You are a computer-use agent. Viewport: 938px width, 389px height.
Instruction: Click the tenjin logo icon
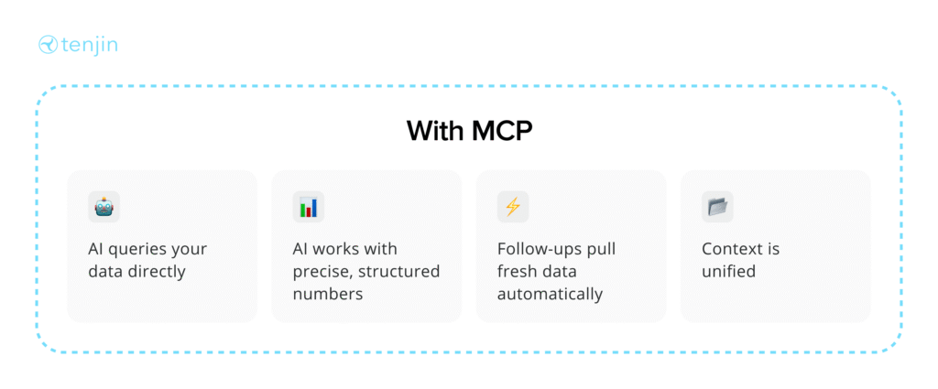[x=48, y=45]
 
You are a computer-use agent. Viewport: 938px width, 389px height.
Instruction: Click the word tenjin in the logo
[x=89, y=46]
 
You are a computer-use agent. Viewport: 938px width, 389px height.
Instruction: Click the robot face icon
[x=104, y=207]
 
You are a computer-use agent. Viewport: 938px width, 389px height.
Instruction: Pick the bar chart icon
[x=309, y=207]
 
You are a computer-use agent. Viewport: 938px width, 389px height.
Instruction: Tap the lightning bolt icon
[x=513, y=207]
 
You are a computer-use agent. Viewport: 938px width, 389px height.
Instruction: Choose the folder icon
[x=718, y=207]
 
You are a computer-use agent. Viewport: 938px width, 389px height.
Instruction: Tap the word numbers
[x=328, y=295]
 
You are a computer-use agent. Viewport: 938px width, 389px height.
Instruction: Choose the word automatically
[x=551, y=295]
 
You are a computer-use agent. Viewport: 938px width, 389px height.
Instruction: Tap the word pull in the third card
[x=601, y=249]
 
